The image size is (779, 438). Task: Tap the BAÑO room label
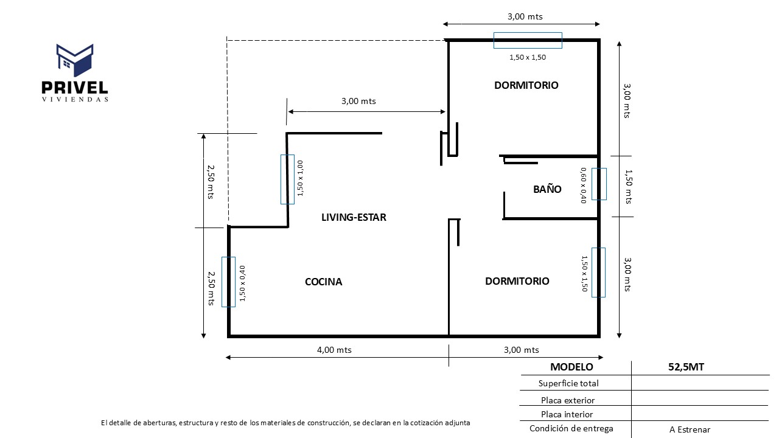(x=547, y=189)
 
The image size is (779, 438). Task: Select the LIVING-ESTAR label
(x=354, y=217)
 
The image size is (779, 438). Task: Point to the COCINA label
(x=323, y=282)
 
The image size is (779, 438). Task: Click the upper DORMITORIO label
(x=526, y=85)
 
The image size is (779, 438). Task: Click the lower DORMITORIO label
(x=517, y=281)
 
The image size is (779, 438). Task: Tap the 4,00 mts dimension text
(x=335, y=350)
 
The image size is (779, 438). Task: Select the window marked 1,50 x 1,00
(x=287, y=179)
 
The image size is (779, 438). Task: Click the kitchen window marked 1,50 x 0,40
(x=228, y=282)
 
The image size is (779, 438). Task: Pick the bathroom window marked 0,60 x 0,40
(x=599, y=184)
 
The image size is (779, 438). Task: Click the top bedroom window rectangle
(x=527, y=40)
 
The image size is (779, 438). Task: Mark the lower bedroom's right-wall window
(x=598, y=272)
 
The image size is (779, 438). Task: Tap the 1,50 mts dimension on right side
(x=628, y=187)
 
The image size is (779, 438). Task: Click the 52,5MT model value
(x=686, y=367)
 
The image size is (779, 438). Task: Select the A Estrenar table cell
(x=690, y=429)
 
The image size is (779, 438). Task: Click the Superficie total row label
(x=568, y=383)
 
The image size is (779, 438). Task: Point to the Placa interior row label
(x=567, y=414)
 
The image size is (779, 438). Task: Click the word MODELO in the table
(x=571, y=367)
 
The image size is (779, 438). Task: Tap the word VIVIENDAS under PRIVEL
(x=75, y=99)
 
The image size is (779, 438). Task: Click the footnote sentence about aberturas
(x=285, y=422)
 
